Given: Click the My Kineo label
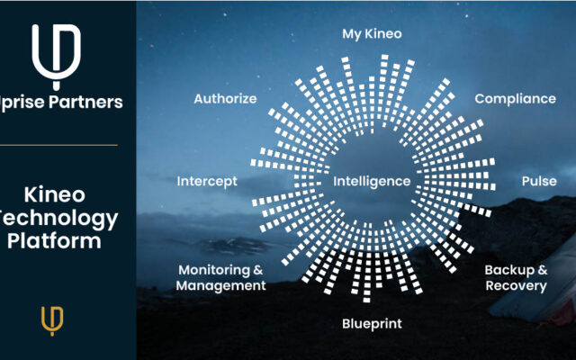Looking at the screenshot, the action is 372,34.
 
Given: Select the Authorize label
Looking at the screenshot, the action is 225,98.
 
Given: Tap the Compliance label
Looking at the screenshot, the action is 515,99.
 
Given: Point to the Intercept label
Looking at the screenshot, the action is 207,181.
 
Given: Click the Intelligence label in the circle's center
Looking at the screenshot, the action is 372,181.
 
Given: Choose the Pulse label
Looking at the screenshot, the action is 539,181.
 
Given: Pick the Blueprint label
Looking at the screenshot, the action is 372,324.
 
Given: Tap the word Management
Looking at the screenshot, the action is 220,286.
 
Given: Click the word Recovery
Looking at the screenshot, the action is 516,286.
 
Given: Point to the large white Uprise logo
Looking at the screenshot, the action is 56,57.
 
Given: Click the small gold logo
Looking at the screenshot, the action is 52,321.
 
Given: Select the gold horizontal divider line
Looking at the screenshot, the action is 58,145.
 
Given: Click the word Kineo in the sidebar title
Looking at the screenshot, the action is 54,194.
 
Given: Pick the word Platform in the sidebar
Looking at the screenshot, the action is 54,241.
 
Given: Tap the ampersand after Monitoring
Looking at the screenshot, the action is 258,270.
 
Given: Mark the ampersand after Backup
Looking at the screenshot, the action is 543,270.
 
